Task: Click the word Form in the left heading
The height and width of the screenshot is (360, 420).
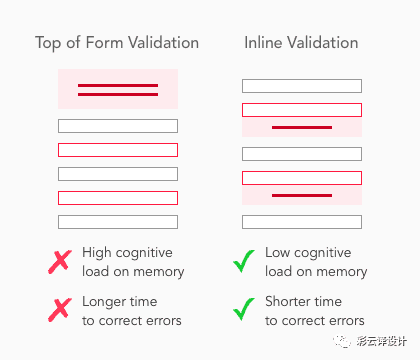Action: pos(104,43)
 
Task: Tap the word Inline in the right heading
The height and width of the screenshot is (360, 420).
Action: pos(263,43)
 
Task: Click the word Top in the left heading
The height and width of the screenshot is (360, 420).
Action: pos(48,44)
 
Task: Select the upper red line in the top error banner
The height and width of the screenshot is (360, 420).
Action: pos(118,86)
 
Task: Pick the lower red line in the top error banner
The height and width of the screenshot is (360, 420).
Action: pos(118,95)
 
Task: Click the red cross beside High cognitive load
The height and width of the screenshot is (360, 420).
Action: pos(60,262)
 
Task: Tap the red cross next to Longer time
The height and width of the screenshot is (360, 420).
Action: pos(60,310)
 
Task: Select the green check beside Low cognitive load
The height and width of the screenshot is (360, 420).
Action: pos(244,261)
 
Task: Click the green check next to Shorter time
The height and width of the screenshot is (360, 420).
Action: pos(244,309)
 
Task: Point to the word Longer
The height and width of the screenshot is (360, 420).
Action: pos(104,302)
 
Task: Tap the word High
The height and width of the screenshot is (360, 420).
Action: pos(97,253)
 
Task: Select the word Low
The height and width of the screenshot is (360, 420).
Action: pos(278,253)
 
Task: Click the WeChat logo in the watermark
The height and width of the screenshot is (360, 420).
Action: pos(342,341)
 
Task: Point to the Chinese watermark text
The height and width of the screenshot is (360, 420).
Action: pos(381,341)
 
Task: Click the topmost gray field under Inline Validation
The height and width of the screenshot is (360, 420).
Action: pos(302,86)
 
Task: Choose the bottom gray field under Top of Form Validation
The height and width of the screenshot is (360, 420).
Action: pos(118,222)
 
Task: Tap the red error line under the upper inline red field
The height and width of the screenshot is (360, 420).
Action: pos(302,128)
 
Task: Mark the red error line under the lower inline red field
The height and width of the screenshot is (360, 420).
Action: pos(302,196)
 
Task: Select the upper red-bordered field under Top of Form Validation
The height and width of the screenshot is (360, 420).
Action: pos(118,150)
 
